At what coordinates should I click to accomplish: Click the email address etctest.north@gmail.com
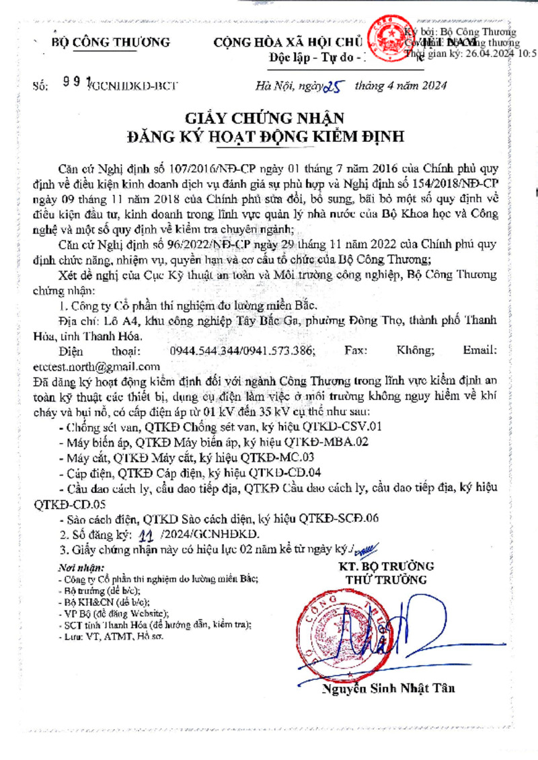(x=96, y=367)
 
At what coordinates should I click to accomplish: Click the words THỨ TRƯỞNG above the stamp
(x=386, y=579)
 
